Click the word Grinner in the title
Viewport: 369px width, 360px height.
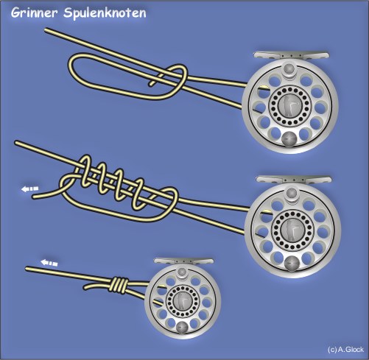click(x=34, y=13)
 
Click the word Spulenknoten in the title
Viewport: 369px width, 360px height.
click(x=105, y=13)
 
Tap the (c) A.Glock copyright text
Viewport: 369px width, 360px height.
click(x=345, y=349)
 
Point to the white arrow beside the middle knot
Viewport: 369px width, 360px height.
click(x=29, y=189)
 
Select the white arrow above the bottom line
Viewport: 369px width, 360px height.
click(x=49, y=263)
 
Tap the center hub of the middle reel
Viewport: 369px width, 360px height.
click(x=292, y=230)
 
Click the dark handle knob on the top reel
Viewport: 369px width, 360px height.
click(x=289, y=139)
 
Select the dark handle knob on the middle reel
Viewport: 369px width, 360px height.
click(x=292, y=263)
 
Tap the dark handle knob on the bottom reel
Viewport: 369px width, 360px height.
click(x=182, y=327)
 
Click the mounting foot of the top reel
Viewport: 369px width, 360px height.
click(x=291, y=55)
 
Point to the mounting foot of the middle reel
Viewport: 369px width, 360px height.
click(x=294, y=179)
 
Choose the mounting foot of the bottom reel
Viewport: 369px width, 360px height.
click(x=183, y=261)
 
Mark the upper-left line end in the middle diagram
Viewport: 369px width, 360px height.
click(x=16, y=142)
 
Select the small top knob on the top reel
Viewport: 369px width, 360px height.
click(x=289, y=68)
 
